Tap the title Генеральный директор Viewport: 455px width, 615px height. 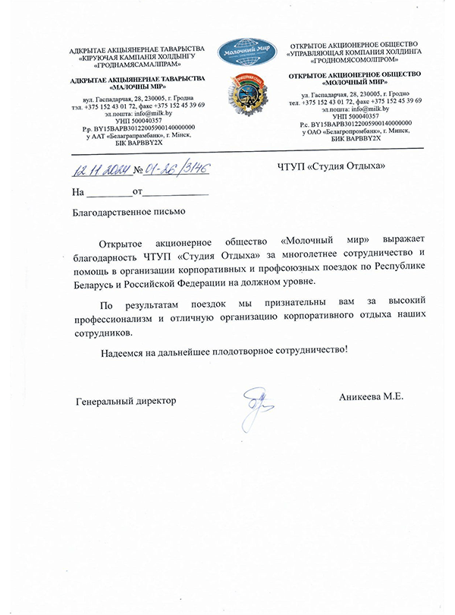[x=125, y=400]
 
